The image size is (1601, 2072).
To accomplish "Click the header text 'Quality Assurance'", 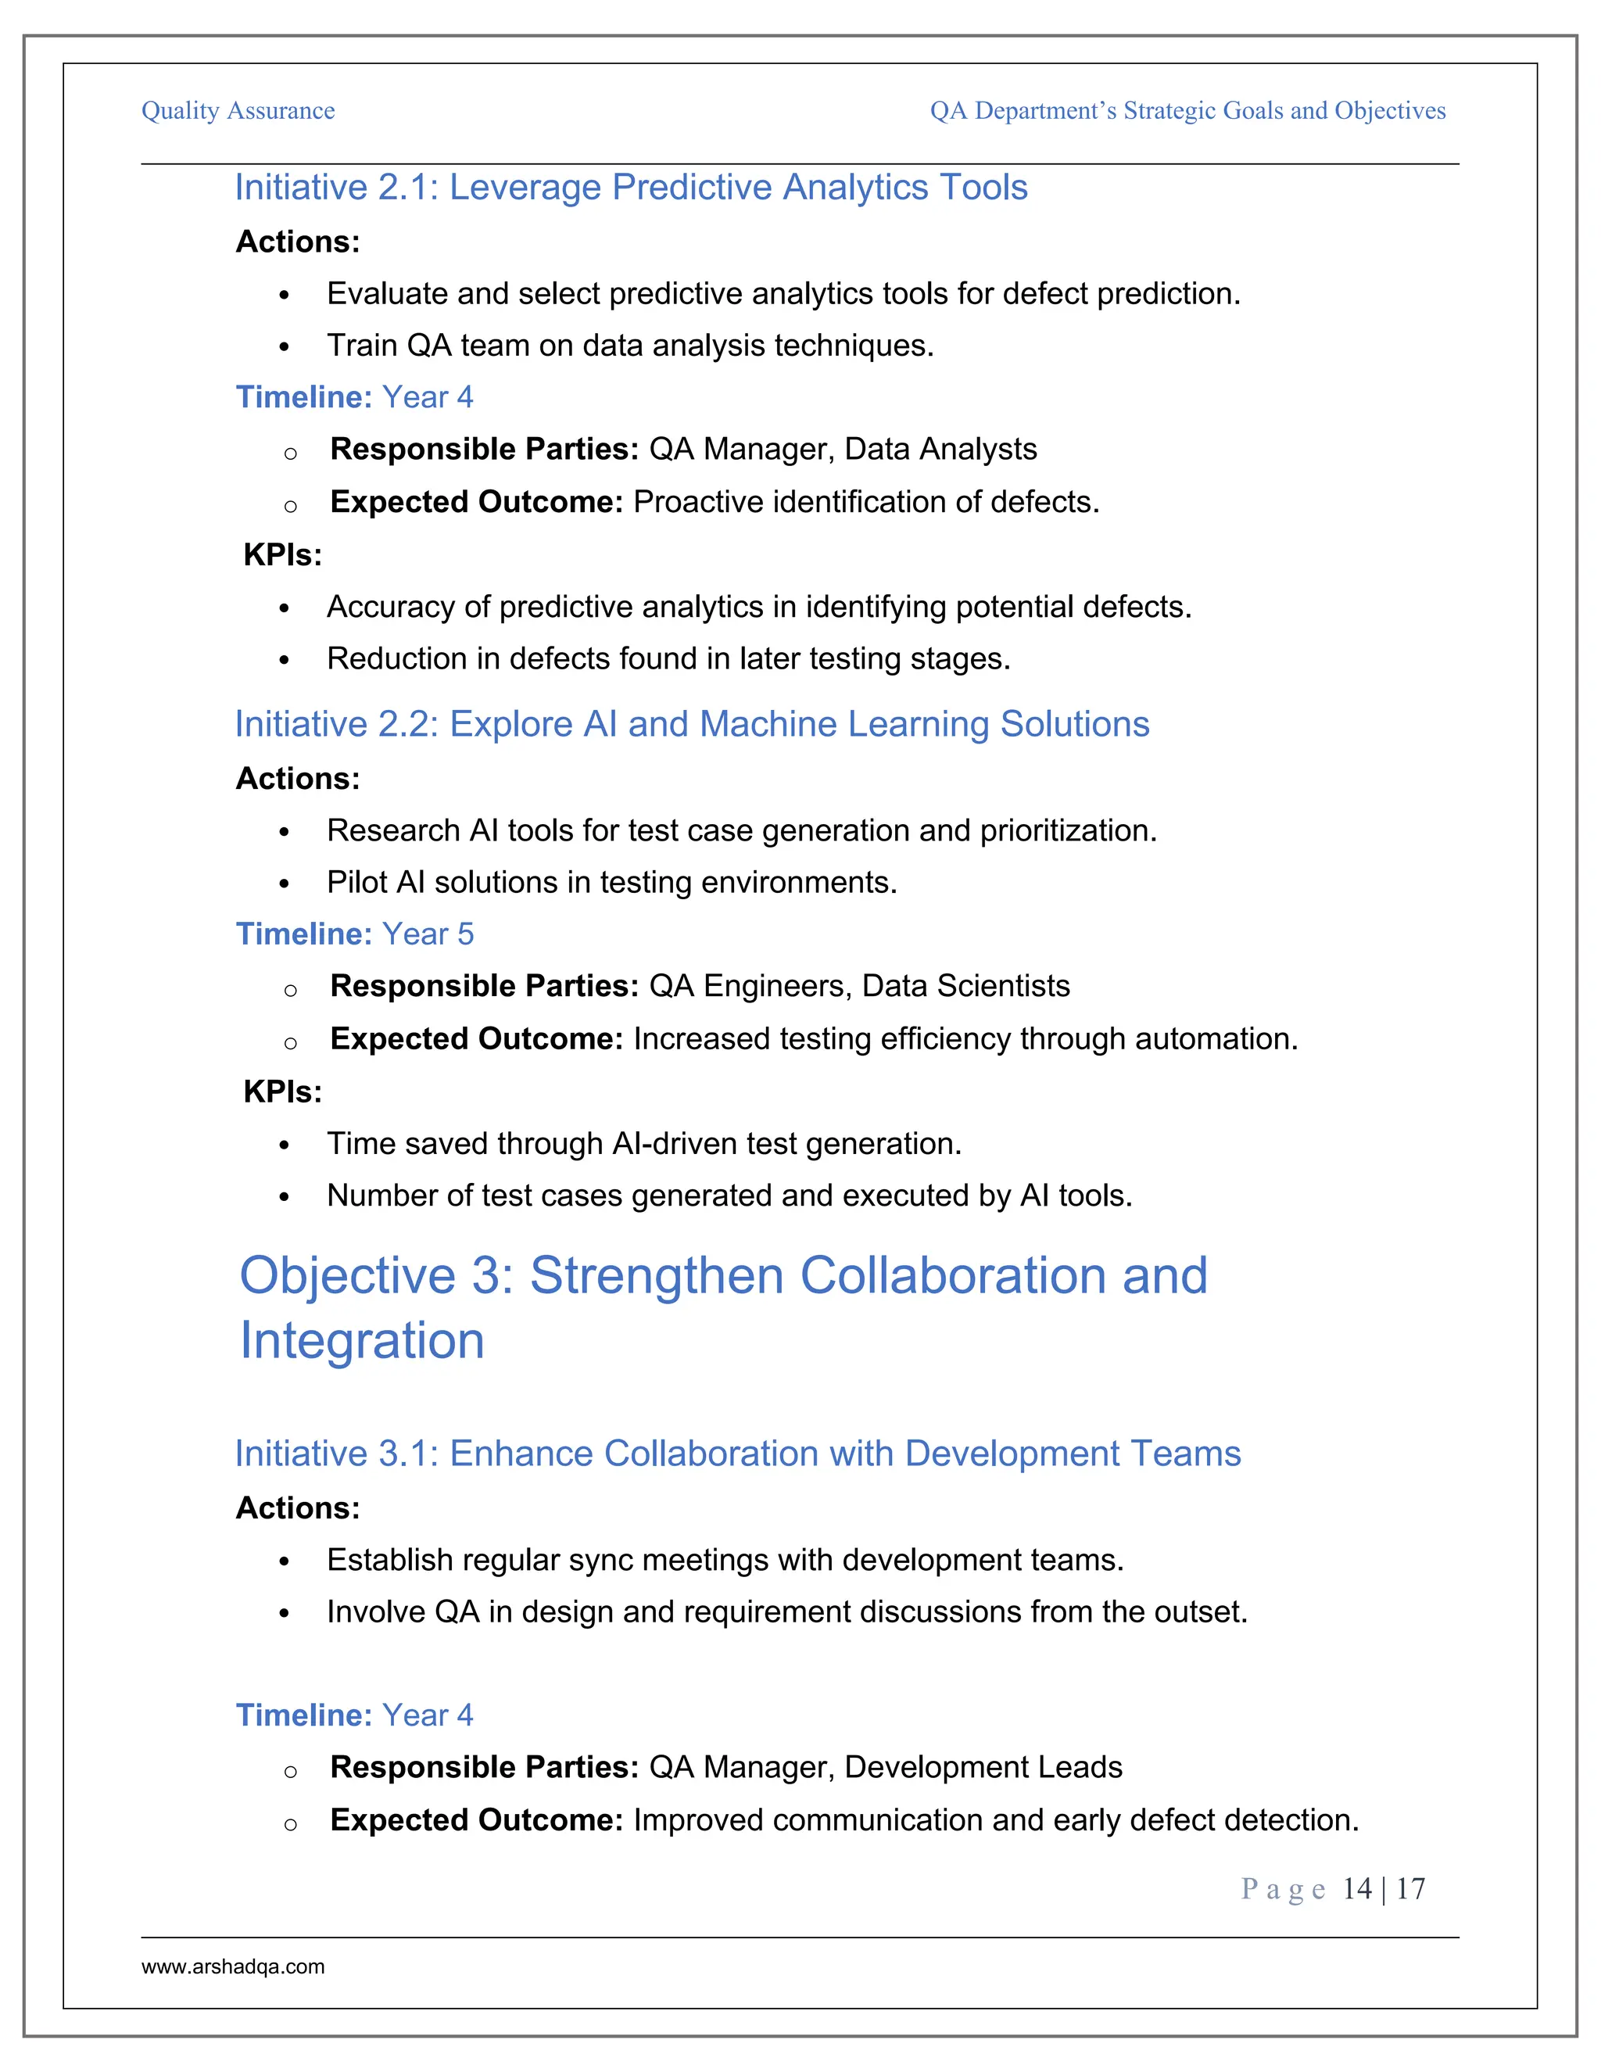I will (238, 111).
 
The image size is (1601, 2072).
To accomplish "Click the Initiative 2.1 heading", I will (631, 187).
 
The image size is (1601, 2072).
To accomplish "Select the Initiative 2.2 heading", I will (691, 724).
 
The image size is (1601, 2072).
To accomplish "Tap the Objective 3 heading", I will (723, 1307).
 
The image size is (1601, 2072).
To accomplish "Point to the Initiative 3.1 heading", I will (737, 1454).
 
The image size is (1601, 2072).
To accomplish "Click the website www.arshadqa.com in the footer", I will (232, 1966).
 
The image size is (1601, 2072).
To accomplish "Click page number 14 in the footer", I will (1356, 1889).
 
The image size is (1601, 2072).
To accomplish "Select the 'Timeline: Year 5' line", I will (354, 934).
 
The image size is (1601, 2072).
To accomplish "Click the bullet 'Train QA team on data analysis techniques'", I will (630, 346).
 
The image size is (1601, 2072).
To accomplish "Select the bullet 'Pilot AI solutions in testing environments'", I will (612, 882).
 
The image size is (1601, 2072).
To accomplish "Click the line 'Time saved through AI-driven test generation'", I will (644, 1143).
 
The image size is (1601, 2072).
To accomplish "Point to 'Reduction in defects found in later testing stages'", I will (668, 658).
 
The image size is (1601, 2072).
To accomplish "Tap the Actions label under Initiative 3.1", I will (298, 1507).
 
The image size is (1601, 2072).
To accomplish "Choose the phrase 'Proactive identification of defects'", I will (866, 502).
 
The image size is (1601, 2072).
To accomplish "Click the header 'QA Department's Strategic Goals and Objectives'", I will (1187, 111).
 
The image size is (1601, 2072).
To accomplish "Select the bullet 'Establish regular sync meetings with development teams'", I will (725, 1560).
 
